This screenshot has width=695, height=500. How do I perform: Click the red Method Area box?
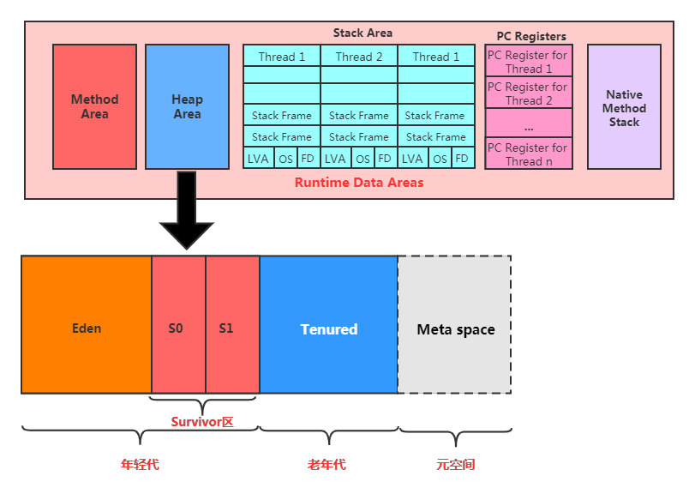pyautogui.click(x=94, y=106)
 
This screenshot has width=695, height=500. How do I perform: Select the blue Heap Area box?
pyautogui.click(x=187, y=106)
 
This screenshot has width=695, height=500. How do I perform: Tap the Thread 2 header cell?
pyautogui.click(x=359, y=57)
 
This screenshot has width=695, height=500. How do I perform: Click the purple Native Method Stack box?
pyautogui.click(x=624, y=107)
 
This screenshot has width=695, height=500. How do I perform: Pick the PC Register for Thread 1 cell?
pyautogui.click(x=528, y=62)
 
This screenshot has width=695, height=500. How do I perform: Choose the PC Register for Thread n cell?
pyautogui.click(x=528, y=154)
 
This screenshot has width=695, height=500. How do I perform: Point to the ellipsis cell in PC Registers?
pyautogui.click(x=528, y=125)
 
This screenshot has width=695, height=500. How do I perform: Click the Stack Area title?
pyautogui.click(x=362, y=33)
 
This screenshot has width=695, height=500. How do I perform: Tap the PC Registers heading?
pyautogui.click(x=531, y=36)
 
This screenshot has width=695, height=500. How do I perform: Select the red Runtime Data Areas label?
pyautogui.click(x=359, y=183)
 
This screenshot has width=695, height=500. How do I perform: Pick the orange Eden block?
pyautogui.click(x=87, y=328)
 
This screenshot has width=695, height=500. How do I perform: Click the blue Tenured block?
pyautogui.click(x=328, y=328)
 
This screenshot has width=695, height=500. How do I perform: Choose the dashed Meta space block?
pyautogui.click(x=455, y=328)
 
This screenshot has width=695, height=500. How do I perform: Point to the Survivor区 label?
pyautogui.click(x=202, y=421)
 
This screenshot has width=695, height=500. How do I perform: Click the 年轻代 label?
pyautogui.click(x=140, y=465)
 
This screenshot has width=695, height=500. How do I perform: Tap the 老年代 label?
pyautogui.click(x=327, y=465)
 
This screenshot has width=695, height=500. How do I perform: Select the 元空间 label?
pyautogui.click(x=455, y=465)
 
